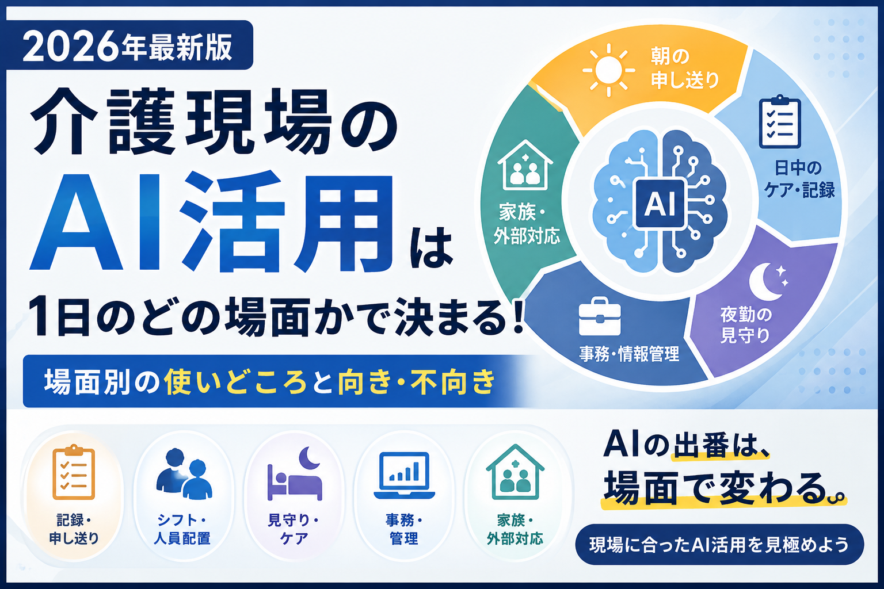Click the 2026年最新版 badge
[129, 45]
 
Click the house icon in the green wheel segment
[525, 165]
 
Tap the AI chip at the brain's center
[660, 204]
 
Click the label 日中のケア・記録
[799, 179]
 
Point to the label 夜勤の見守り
[746, 324]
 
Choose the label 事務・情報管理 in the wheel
[629, 354]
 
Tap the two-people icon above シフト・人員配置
[184, 474]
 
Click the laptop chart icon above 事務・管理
[404, 475]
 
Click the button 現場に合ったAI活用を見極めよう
[719, 544]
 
